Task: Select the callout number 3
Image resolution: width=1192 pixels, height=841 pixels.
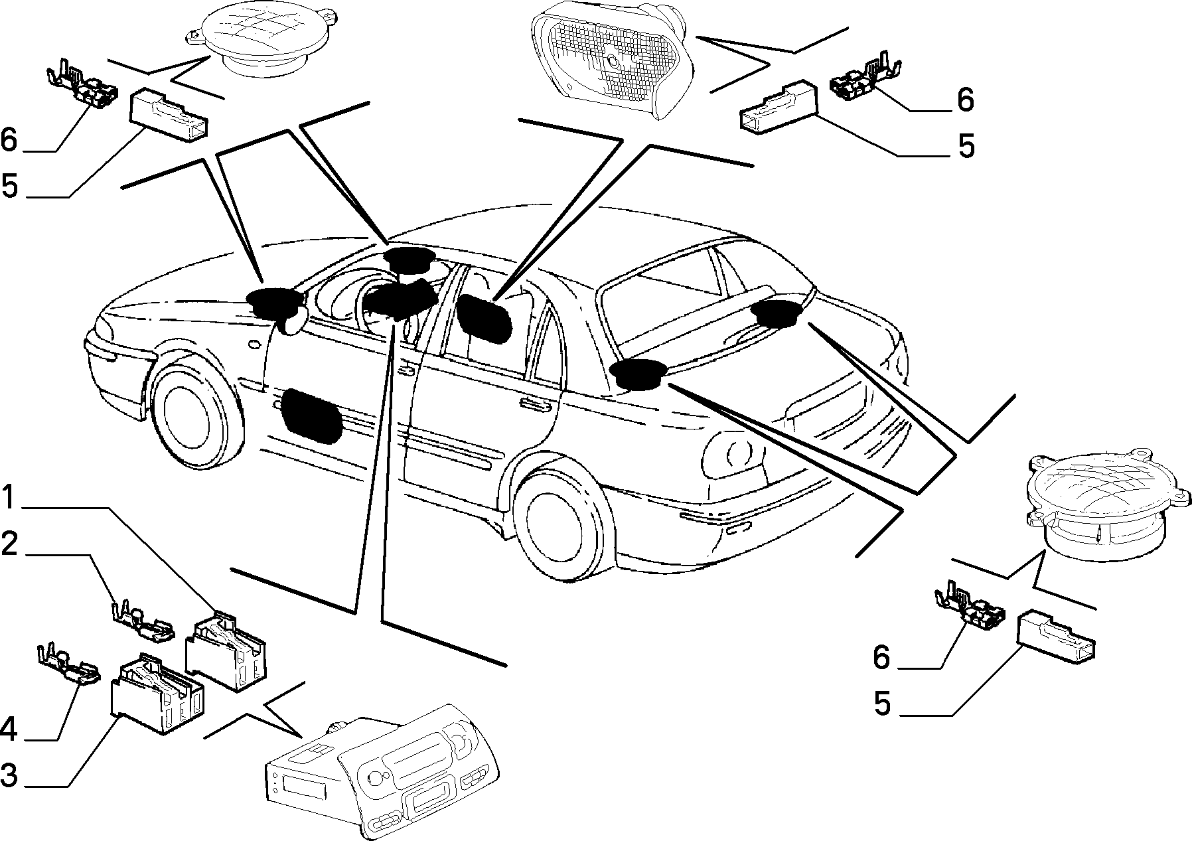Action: [x=10, y=775]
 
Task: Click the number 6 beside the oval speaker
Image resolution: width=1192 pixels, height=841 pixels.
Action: [x=964, y=100]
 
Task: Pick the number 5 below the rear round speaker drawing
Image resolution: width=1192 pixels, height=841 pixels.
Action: [x=882, y=704]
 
